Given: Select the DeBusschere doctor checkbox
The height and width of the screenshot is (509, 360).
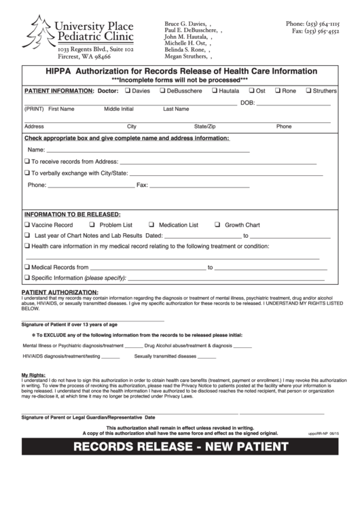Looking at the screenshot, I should [162, 90].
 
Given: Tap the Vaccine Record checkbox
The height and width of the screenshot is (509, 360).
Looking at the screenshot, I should [26, 224].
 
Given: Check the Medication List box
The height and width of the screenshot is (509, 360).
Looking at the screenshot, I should [153, 224].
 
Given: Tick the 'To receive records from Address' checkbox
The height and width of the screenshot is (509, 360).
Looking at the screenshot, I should [26, 162].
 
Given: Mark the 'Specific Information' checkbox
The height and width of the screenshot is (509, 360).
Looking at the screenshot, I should [26, 277].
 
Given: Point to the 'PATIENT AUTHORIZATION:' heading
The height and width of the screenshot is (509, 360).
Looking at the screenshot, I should [56, 292].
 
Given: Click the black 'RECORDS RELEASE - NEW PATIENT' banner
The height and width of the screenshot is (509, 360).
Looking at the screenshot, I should [180, 446].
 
